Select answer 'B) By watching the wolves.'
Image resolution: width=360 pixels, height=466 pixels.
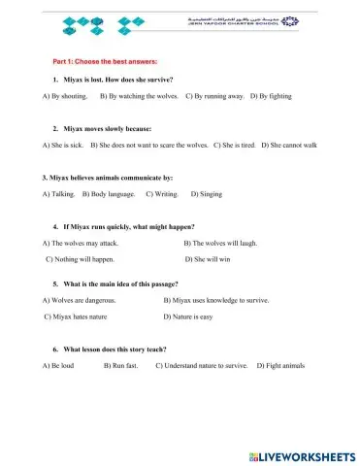[138, 97]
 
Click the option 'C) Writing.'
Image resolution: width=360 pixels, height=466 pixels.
[162, 194]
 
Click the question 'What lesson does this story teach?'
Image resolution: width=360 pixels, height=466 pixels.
[122, 348]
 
